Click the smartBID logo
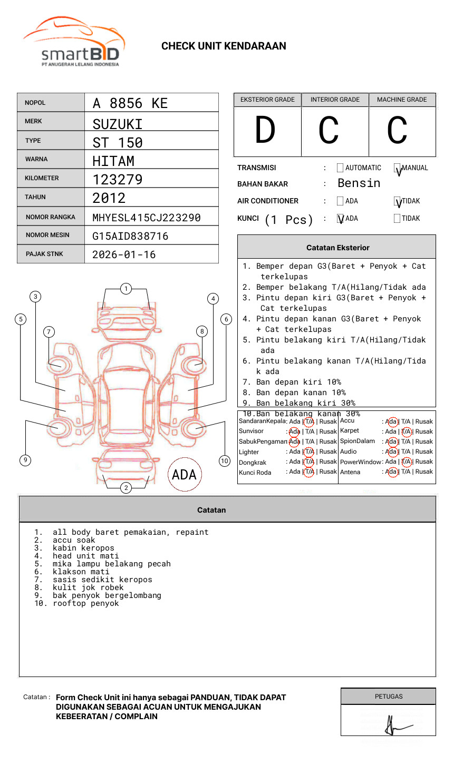point(74,42)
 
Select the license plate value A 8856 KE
point(130,103)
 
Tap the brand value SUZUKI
point(117,124)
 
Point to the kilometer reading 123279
point(117,180)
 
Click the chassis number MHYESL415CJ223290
point(146,218)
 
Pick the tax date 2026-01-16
point(124,254)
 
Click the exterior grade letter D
point(265,131)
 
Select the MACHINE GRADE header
point(402,100)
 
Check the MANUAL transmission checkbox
point(397,168)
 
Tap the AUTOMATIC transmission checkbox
point(340,168)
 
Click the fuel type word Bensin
point(359,183)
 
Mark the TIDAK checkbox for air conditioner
point(397,201)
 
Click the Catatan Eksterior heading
point(337,248)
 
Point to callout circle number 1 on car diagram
point(126,289)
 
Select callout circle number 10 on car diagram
point(225,461)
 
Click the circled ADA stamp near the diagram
point(184,475)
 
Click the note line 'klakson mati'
point(81,572)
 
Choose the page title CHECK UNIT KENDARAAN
point(224,46)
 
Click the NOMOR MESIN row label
point(47,235)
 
